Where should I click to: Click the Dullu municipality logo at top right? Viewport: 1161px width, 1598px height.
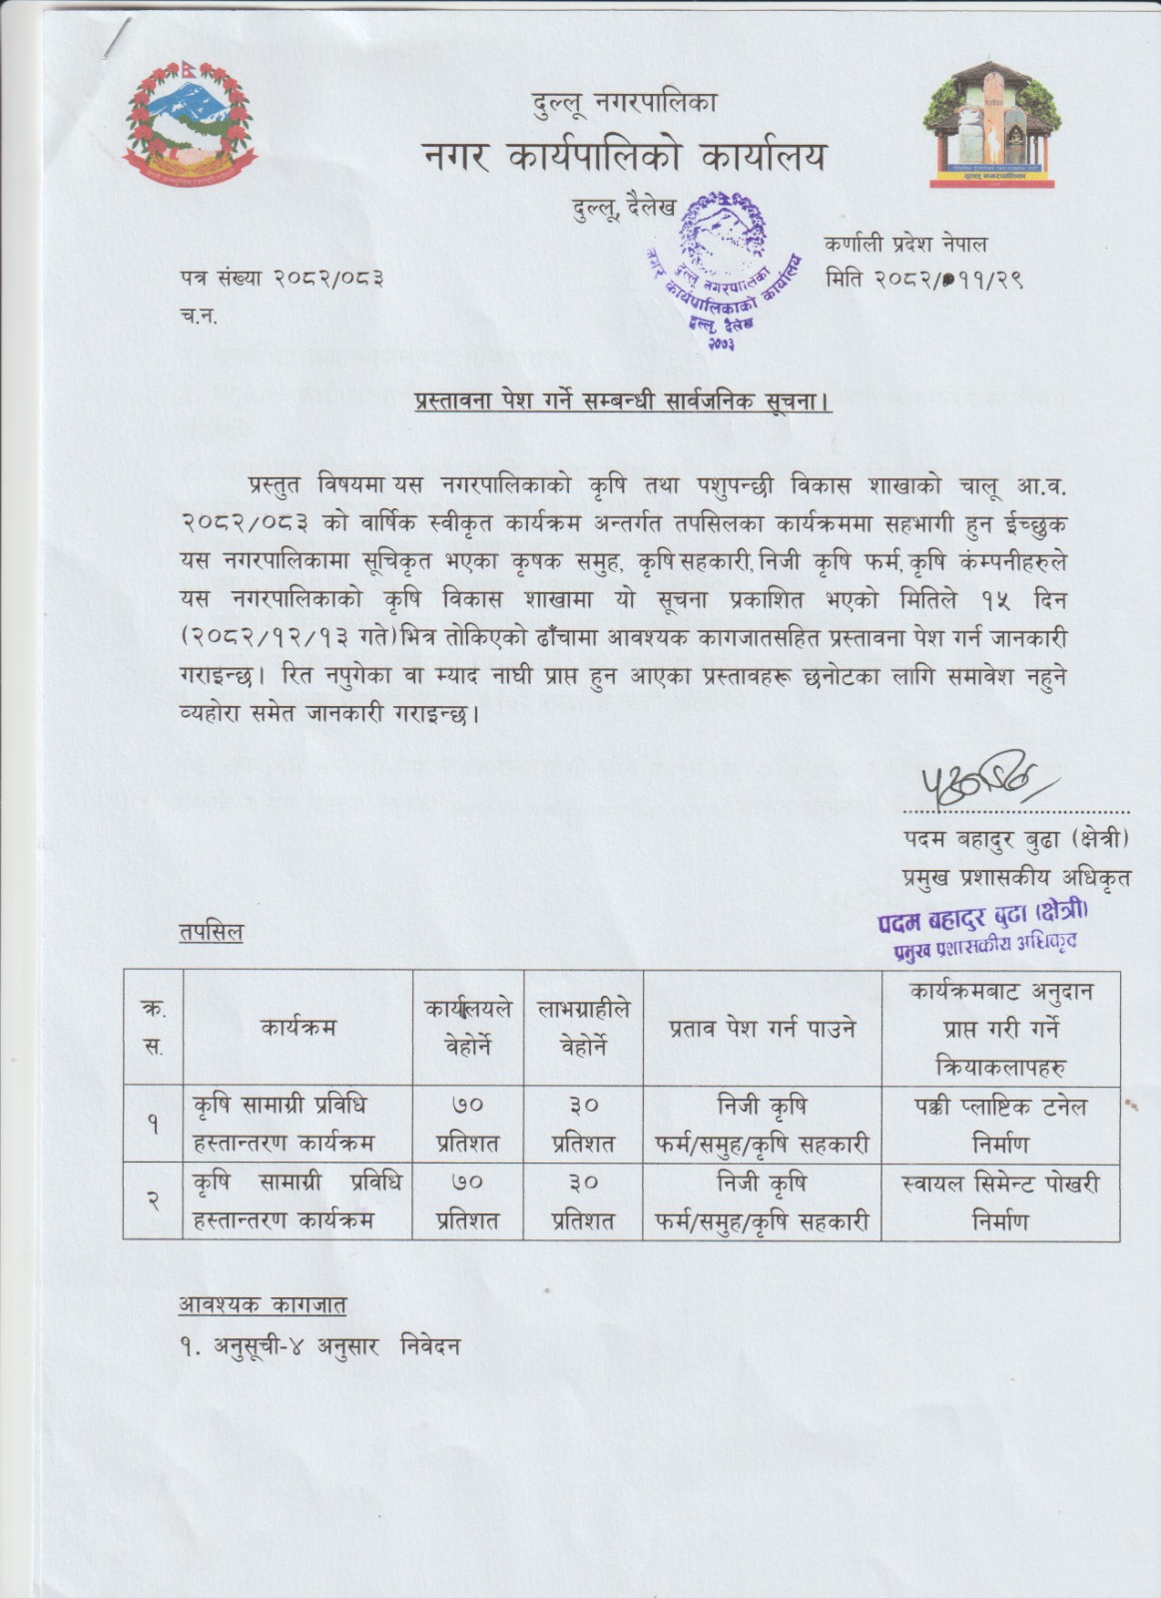click(992, 124)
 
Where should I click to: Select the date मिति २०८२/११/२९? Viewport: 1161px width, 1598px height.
click(924, 280)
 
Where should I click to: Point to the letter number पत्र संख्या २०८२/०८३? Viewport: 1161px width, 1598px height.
click(282, 279)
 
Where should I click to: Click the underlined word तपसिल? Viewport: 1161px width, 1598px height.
click(210, 932)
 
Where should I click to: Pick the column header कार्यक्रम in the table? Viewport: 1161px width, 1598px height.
click(298, 1027)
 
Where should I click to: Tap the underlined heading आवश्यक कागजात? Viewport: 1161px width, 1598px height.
click(263, 1302)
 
